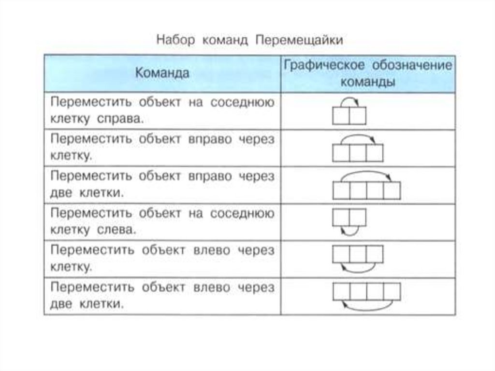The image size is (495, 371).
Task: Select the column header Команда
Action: pos(162,73)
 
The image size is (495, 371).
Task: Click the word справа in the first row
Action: pos(121,119)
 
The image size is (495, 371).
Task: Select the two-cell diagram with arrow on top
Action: pos(349,113)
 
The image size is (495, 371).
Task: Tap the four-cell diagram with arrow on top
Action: pos(367,186)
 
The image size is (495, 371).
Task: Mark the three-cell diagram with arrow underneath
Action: pos(358,257)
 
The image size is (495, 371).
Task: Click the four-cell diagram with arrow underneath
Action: pos(367,296)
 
